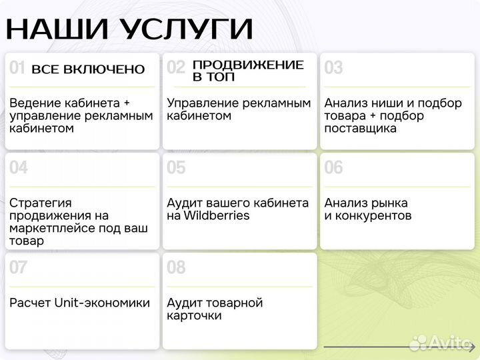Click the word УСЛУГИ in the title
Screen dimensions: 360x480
(x=187, y=29)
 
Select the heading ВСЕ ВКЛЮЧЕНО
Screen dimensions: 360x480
(x=88, y=69)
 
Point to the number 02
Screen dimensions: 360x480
(x=176, y=68)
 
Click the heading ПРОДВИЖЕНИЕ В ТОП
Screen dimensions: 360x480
(x=247, y=71)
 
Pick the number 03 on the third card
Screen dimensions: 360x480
(x=333, y=68)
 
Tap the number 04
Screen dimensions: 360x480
(x=19, y=168)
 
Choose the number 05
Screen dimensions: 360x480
(x=176, y=168)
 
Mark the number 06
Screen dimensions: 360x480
(x=333, y=168)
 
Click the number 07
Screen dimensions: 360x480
(x=19, y=268)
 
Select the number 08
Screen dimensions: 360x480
(x=176, y=268)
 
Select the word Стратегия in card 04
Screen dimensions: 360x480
(x=41, y=203)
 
